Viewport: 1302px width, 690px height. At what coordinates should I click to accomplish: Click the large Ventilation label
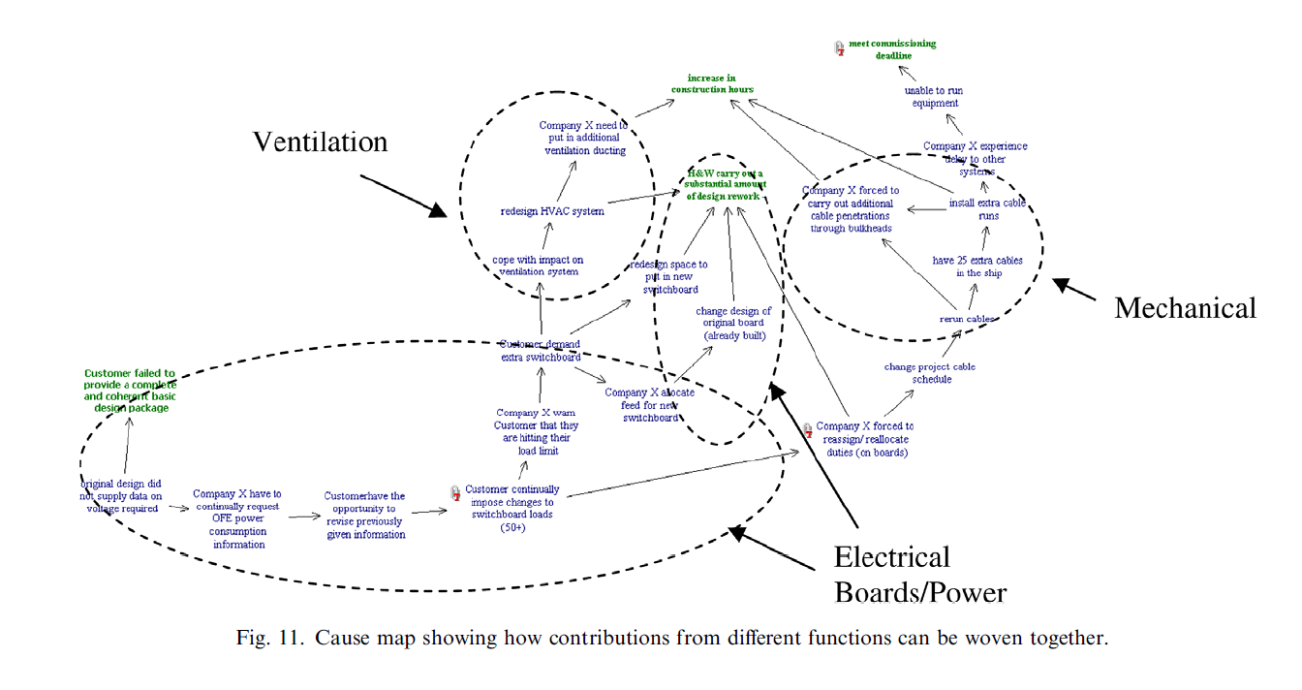320,142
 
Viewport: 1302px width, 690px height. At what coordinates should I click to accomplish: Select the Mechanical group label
1185,308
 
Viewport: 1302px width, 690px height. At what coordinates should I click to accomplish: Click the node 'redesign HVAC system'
552,211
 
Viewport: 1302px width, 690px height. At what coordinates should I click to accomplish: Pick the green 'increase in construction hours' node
712,83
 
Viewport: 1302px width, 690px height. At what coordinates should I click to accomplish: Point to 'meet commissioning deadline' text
892,49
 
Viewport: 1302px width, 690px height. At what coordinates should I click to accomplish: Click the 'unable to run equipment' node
935,97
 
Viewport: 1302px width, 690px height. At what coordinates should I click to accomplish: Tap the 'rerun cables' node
967,318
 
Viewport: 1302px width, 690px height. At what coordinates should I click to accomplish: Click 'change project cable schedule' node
930,373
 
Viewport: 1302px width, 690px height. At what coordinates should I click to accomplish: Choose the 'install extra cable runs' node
987,209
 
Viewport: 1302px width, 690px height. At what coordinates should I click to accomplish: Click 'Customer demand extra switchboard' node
540,350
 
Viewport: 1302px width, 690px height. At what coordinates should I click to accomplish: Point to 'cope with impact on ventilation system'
537,266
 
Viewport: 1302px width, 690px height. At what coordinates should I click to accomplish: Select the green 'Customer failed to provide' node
130,391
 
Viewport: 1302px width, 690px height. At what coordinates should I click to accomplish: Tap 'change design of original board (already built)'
733,324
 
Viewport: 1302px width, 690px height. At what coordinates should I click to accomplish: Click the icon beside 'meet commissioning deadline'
839,47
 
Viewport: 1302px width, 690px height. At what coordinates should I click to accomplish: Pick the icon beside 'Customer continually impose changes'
455,493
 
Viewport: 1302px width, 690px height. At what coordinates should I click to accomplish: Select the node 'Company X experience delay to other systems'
975,159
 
